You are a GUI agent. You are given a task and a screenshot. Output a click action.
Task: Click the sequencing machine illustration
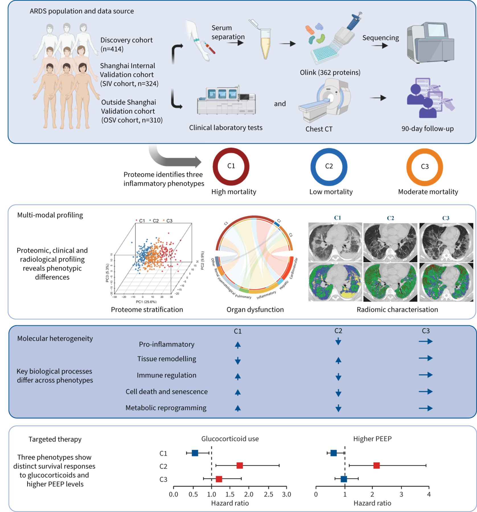430,43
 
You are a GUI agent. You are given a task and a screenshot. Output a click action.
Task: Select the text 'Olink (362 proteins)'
330,73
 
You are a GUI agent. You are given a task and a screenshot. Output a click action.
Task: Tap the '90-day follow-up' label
427,129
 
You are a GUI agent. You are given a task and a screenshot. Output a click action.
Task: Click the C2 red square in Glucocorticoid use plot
240,466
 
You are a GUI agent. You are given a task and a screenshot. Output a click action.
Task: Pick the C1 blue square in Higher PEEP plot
334,453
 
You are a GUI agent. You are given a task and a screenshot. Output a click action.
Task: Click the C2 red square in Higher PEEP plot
377,466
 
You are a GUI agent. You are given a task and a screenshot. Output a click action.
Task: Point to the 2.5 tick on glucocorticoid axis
268,494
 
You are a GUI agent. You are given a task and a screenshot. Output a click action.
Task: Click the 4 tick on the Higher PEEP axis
429,494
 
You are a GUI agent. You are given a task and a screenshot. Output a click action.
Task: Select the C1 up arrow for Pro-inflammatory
238,345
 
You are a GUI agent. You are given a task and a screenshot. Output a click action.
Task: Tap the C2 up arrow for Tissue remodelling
338,360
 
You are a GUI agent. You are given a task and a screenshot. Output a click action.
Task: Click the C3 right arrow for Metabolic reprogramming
425,408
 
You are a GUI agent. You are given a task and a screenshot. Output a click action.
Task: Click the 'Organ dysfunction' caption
255,309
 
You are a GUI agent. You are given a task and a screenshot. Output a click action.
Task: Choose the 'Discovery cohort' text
126,40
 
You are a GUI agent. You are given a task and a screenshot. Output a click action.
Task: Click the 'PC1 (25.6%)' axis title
146,302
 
